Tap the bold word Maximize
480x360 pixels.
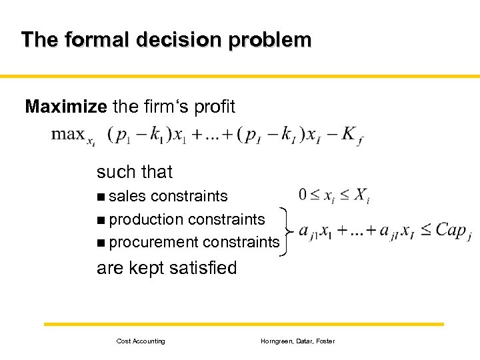(x=65, y=106)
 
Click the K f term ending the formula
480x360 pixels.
(x=351, y=135)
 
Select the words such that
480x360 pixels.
(x=134, y=172)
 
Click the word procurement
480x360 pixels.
(x=153, y=243)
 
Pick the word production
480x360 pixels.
(x=146, y=219)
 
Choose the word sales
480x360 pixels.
(x=127, y=197)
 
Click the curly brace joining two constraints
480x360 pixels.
(x=287, y=231)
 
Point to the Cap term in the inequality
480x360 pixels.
(x=452, y=231)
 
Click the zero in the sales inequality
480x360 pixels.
(x=303, y=195)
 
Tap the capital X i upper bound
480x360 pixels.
(x=361, y=196)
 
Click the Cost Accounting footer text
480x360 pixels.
(x=141, y=341)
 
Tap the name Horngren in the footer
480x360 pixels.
(x=277, y=341)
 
